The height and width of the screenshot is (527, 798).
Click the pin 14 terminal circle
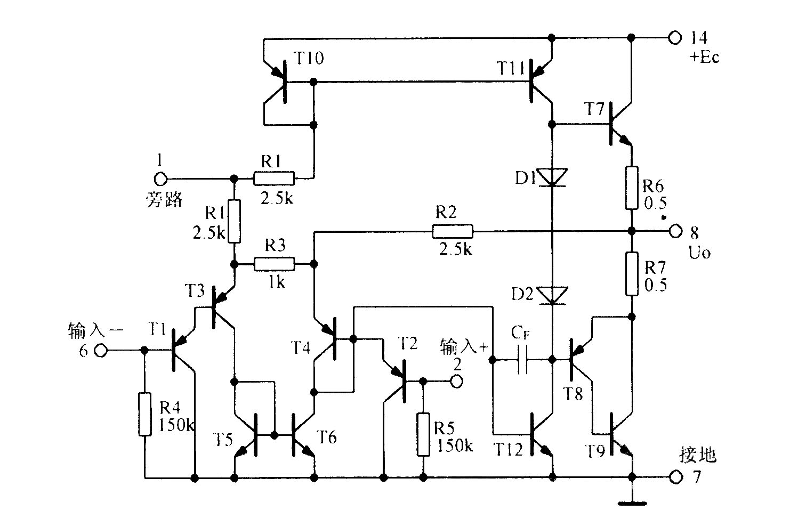(x=674, y=37)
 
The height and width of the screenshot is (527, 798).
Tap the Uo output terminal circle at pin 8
(x=674, y=231)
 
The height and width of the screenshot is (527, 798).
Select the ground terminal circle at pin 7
(x=674, y=477)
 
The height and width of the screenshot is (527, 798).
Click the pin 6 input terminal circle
(x=101, y=351)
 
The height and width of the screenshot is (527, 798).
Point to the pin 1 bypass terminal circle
(x=160, y=179)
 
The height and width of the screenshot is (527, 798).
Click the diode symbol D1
(x=552, y=177)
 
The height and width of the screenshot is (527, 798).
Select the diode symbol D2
(x=552, y=296)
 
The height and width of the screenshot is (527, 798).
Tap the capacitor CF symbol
(x=522, y=360)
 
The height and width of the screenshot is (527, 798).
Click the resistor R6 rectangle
(x=632, y=188)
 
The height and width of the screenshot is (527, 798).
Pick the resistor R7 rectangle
(x=632, y=274)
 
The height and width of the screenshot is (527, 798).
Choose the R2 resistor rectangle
(x=453, y=231)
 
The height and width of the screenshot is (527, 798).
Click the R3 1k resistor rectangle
(x=274, y=264)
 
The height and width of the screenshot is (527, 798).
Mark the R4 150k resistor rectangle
(x=144, y=414)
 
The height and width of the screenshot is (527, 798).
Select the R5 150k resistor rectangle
(x=423, y=434)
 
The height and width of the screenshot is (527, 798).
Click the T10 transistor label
(x=309, y=58)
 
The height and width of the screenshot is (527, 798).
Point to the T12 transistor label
(x=509, y=449)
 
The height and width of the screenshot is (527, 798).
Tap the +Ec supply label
(x=704, y=57)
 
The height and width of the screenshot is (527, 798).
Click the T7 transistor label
(x=594, y=109)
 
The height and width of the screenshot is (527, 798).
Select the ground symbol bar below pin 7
(x=632, y=504)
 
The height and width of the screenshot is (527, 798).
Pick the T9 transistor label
(x=595, y=451)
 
